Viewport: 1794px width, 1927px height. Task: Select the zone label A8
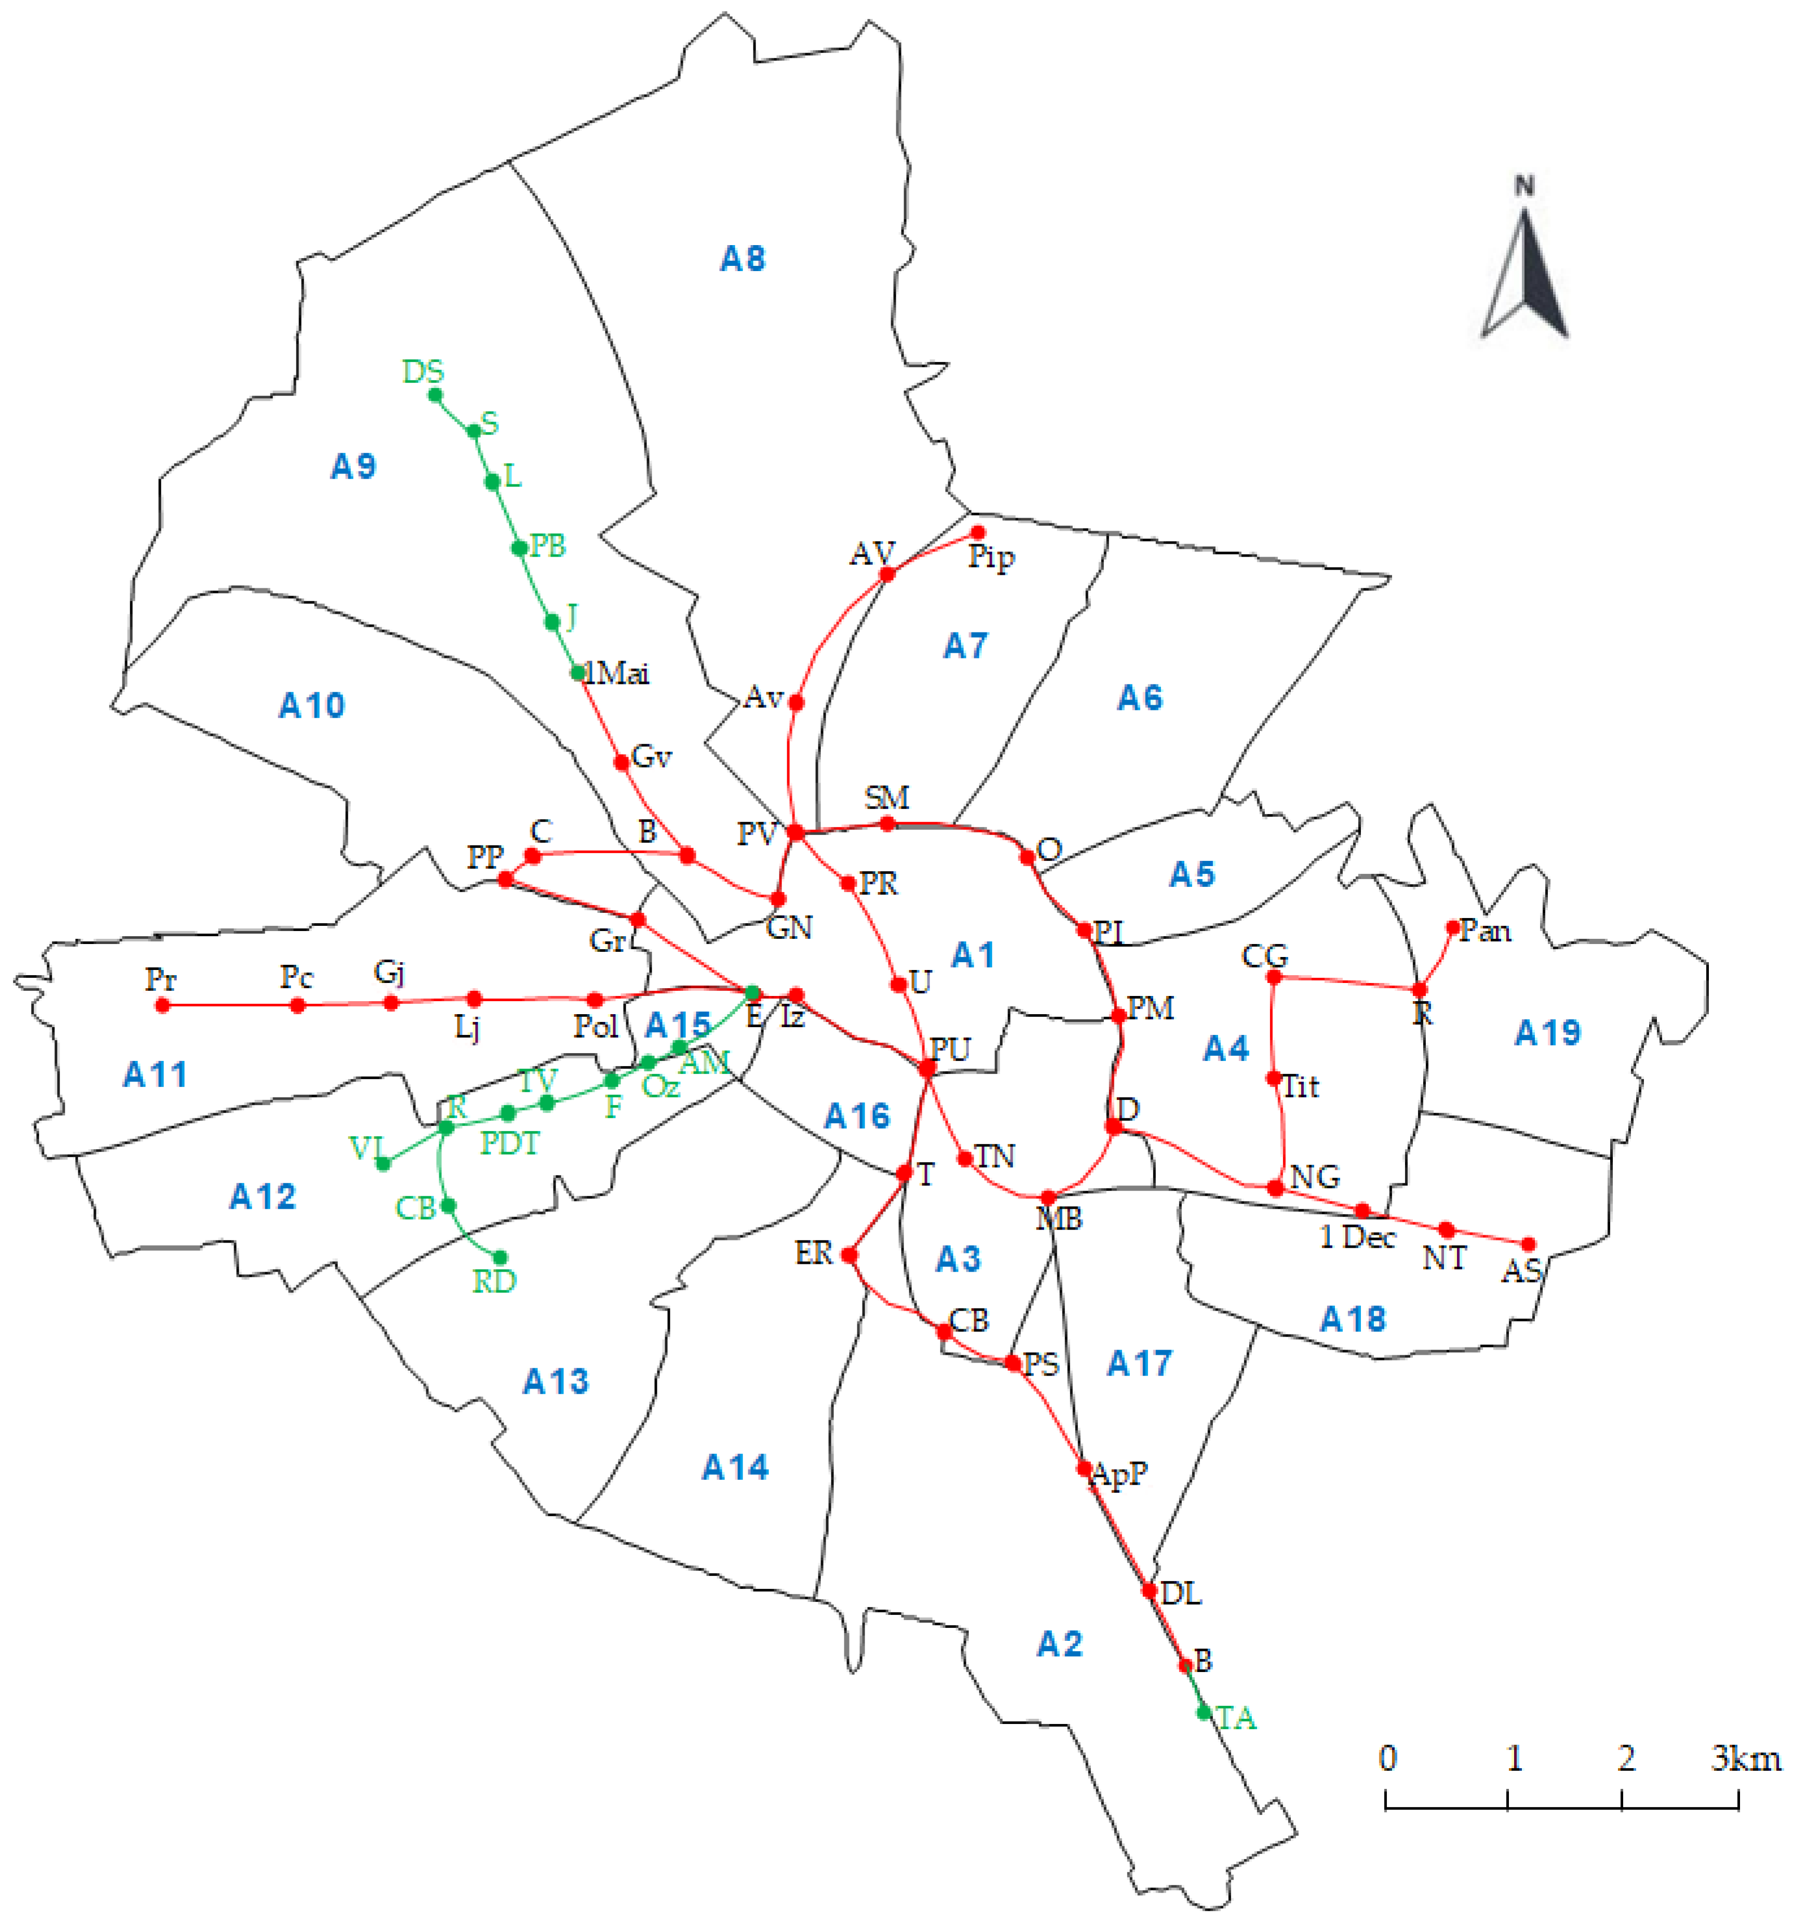743,259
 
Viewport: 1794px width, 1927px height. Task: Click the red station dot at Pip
978,532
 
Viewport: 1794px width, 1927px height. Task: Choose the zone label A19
1547,1033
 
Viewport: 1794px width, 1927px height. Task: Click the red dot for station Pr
163,1005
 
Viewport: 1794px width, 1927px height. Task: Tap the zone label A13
556,1381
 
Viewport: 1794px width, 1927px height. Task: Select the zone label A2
1059,1644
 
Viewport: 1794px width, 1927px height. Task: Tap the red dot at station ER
849,1255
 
